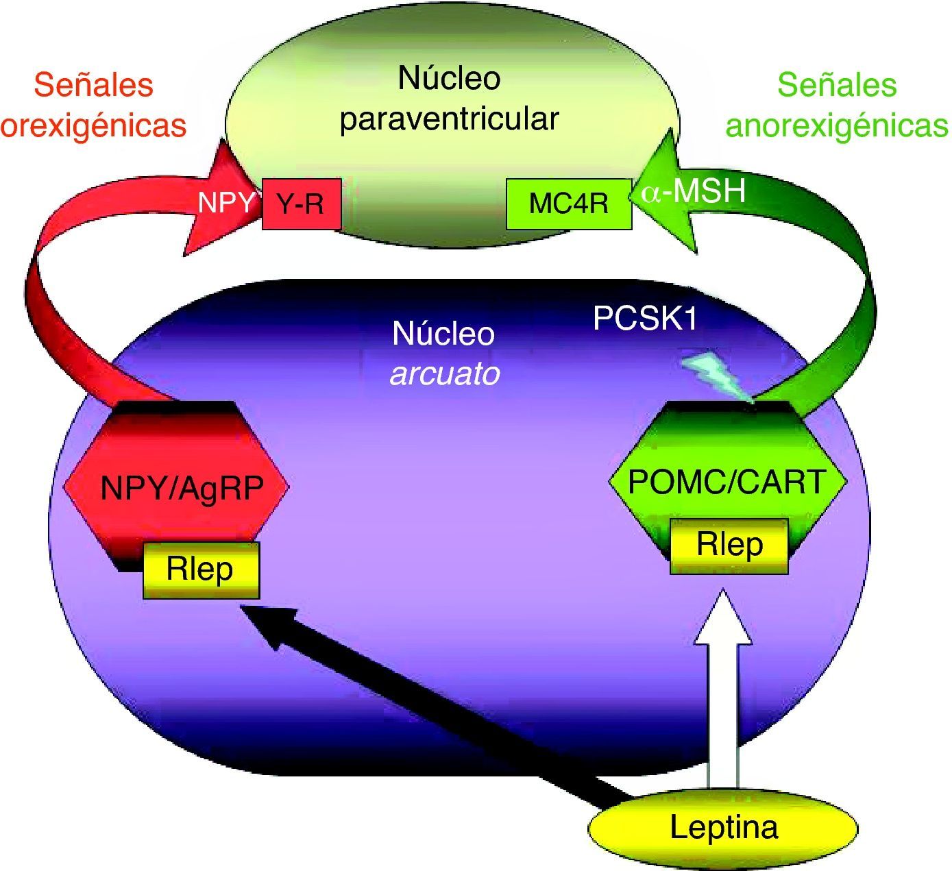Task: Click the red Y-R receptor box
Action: (x=302, y=204)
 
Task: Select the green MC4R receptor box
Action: (x=568, y=204)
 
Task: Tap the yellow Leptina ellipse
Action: (x=723, y=828)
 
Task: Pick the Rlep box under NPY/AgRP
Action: (x=201, y=569)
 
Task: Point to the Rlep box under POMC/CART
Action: (x=729, y=545)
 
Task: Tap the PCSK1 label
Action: (x=645, y=319)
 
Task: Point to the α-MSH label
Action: (x=693, y=190)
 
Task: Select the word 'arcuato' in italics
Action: (x=445, y=374)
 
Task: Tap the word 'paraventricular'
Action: (x=450, y=119)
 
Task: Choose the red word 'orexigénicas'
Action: (x=94, y=125)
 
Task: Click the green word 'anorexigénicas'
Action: (x=837, y=125)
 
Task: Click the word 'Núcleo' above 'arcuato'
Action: (x=443, y=334)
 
